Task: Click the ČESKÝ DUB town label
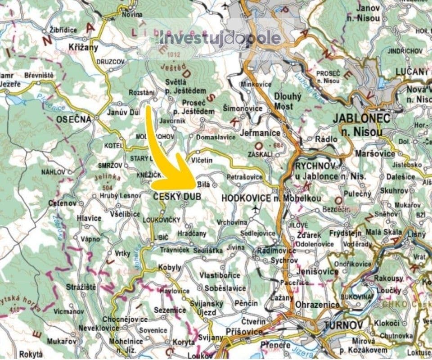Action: [176, 197]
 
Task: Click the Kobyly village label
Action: [170, 267]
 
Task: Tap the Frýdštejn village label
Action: [346, 233]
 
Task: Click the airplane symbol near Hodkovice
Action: [256, 209]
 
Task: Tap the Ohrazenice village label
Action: [318, 305]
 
